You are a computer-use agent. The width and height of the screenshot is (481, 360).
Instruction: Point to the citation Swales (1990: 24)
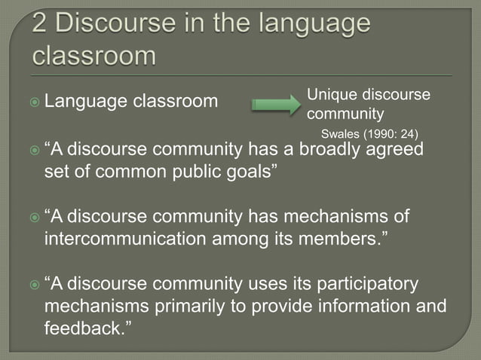369,135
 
